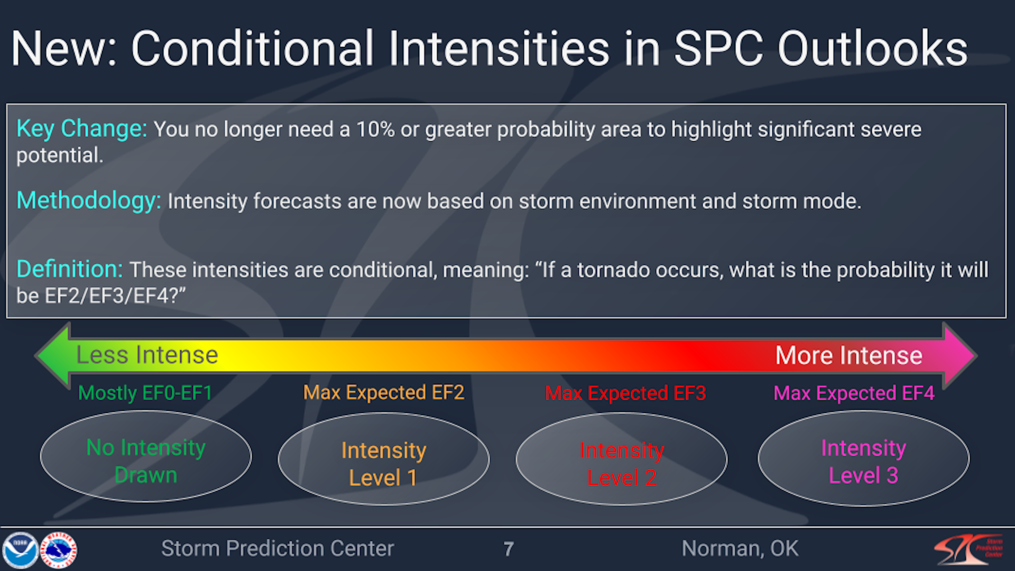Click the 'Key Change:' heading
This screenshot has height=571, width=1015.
click(81, 129)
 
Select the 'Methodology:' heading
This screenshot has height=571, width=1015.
click(88, 201)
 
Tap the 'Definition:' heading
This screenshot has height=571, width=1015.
click(69, 270)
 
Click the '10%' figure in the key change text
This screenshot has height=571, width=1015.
click(375, 130)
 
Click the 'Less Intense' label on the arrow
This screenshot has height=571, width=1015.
click(147, 355)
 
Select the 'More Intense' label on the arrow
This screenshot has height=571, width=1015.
click(848, 355)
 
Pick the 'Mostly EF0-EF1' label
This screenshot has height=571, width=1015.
click(145, 393)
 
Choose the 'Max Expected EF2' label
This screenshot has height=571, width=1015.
click(383, 392)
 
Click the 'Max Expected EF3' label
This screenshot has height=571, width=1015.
click(625, 393)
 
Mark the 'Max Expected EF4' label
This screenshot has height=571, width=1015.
click(853, 393)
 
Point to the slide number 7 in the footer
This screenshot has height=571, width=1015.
click(509, 549)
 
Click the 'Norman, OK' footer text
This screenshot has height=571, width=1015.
click(740, 548)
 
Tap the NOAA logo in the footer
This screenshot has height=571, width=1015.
click(20, 550)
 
